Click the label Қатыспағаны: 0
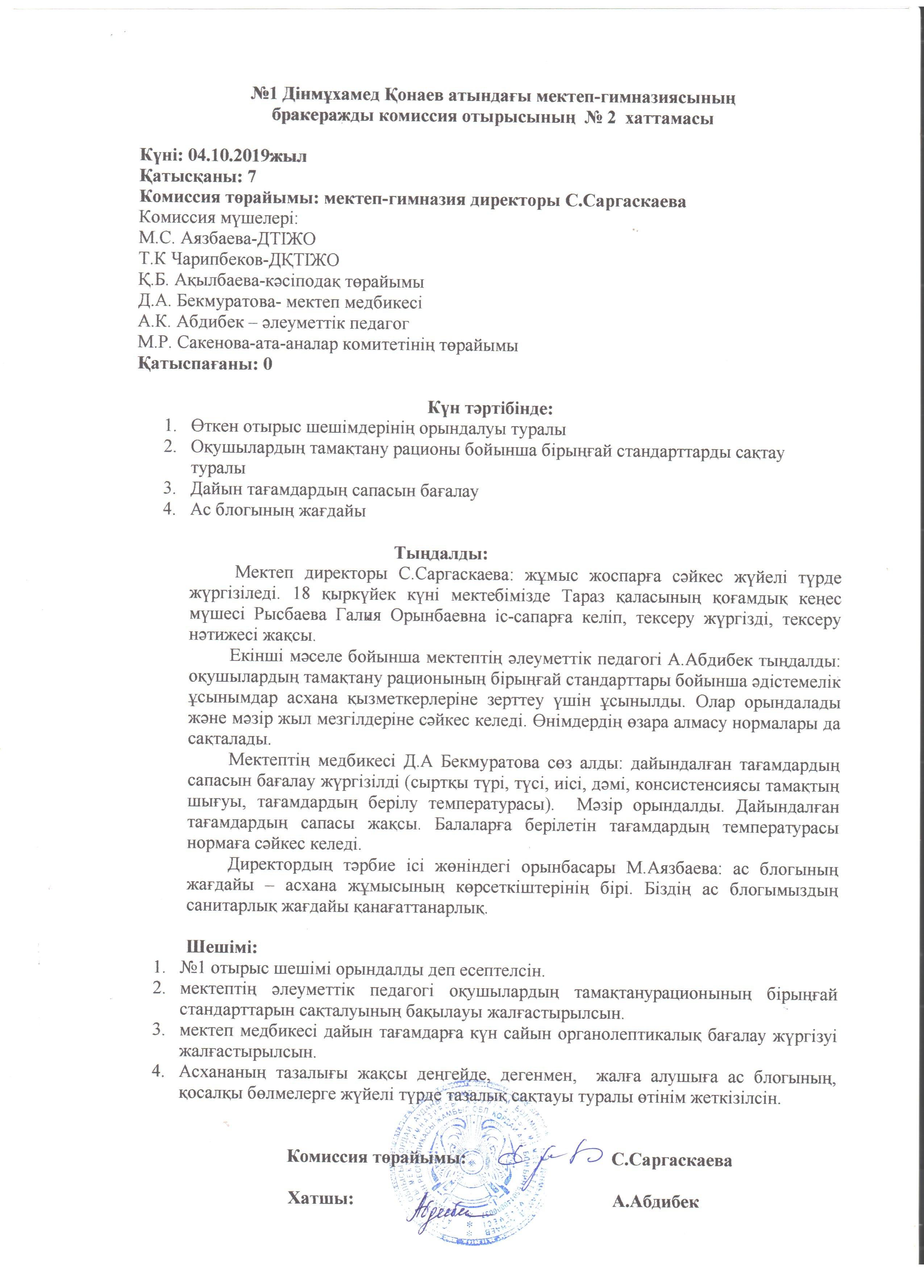click(x=206, y=364)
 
